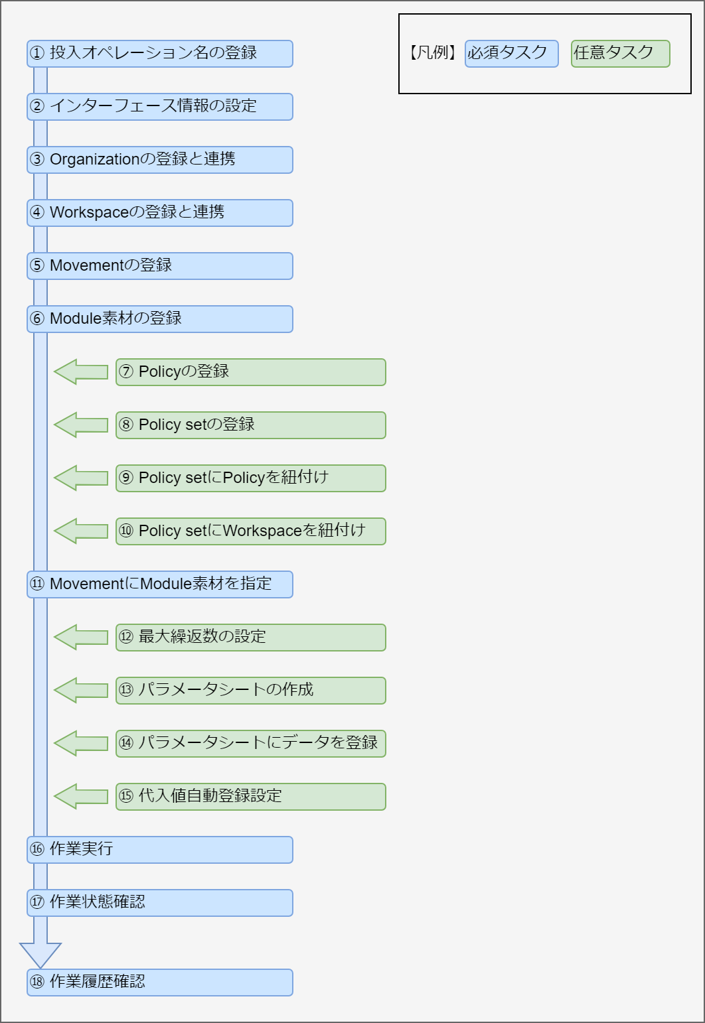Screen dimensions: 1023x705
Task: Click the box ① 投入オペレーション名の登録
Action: point(159,54)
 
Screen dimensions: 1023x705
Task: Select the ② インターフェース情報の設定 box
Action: point(159,107)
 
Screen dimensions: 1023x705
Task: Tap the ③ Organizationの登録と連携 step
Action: point(159,160)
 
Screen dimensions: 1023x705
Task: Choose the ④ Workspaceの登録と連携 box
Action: point(159,213)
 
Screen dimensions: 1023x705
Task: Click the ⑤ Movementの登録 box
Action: point(159,266)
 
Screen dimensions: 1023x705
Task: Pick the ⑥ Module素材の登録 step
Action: point(159,319)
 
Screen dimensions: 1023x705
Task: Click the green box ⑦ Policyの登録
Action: point(250,372)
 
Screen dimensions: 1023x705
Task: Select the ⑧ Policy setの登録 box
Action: point(250,425)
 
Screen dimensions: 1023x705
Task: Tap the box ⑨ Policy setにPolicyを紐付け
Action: point(250,478)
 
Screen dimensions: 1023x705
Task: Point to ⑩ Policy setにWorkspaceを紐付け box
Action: point(250,531)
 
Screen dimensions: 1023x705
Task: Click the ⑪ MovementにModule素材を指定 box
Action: point(159,584)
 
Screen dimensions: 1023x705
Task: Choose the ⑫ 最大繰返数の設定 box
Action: point(250,638)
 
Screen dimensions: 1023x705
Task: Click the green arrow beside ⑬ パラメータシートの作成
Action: point(80,690)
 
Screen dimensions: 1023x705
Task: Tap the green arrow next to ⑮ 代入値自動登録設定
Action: point(80,796)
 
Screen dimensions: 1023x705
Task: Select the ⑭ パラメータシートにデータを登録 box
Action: point(250,744)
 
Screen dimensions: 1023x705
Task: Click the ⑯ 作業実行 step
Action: point(159,850)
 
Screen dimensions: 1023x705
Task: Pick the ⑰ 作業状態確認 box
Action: point(159,903)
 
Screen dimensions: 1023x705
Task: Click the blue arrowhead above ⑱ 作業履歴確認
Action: point(40,954)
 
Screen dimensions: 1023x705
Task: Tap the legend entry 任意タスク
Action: point(620,54)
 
